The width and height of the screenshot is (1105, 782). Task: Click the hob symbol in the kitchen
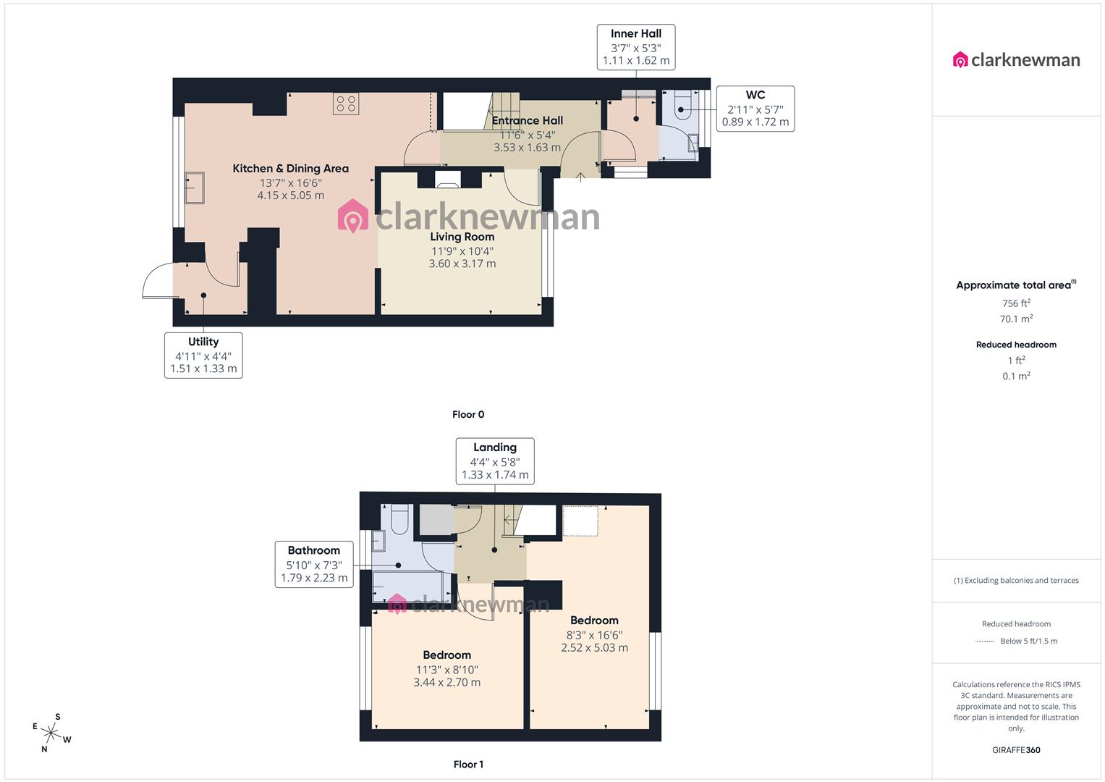coord(346,104)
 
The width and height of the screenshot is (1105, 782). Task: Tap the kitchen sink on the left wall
coord(195,189)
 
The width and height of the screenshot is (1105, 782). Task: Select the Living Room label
coord(462,237)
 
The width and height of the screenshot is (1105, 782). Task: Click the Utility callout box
coord(203,355)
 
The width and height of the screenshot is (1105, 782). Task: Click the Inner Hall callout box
coord(635,47)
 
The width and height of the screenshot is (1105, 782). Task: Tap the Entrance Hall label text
coord(527,121)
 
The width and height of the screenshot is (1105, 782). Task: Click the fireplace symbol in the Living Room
coord(447,180)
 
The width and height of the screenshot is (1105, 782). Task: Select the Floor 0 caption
coord(468,415)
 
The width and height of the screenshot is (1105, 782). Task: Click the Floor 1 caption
coord(468,764)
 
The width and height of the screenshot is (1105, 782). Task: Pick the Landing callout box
coord(495,461)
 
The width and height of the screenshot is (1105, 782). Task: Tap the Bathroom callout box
coord(314,564)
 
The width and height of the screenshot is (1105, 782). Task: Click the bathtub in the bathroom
coord(407,586)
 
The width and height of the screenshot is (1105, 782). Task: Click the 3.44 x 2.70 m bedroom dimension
coord(446,682)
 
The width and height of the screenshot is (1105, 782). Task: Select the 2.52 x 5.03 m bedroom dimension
coord(594,647)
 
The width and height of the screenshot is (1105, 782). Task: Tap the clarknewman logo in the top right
coord(1016,59)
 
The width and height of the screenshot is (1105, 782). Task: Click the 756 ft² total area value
coord(1016,303)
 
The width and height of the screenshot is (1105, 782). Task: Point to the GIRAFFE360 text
coord(1016,750)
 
